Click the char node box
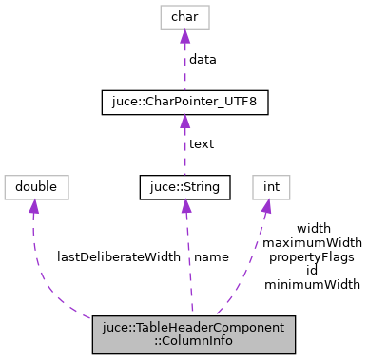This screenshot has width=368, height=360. point(184,16)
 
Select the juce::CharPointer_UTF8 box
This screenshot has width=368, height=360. point(184,102)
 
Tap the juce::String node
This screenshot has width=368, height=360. point(184,186)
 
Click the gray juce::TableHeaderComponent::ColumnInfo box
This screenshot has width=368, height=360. point(194,333)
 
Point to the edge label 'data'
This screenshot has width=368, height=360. point(203,59)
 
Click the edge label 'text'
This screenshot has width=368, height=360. point(202,144)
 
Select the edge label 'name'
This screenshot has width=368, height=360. point(210,256)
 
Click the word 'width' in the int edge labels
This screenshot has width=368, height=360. point(313,229)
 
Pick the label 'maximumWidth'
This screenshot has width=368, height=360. point(313,242)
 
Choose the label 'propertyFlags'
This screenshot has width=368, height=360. point(312,256)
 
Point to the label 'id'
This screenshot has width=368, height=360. point(312,270)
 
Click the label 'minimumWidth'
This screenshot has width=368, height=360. point(312,283)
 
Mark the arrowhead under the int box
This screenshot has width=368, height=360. point(265,205)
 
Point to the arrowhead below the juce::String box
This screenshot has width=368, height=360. point(185,205)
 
